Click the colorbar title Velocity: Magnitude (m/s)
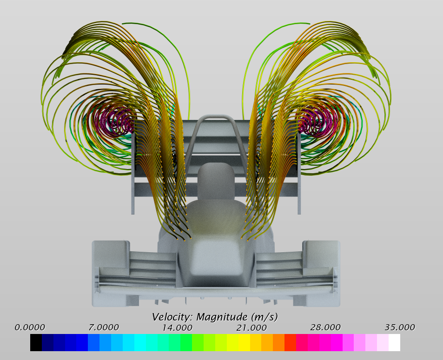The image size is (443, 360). pyautogui.click(x=215, y=317)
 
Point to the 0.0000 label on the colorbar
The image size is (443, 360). pyautogui.click(x=30, y=327)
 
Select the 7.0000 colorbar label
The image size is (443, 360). pyautogui.click(x=104, y=327)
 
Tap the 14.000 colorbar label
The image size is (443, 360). pyautogui.click(x=177, y=327)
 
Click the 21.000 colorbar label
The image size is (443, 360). pyautogui.click(x=251, y=327)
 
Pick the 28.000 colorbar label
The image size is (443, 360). pyautogui.click(x=325, y=327)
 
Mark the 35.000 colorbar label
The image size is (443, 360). pyautogui.click(x=400, y=327)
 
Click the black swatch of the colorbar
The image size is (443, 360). pyautogui.click(x=36, y=342)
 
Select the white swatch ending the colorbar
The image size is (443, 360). pyautogui.click(x=394, y=342)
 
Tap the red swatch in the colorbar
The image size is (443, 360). pyautogui.click(x=290, y=342)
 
